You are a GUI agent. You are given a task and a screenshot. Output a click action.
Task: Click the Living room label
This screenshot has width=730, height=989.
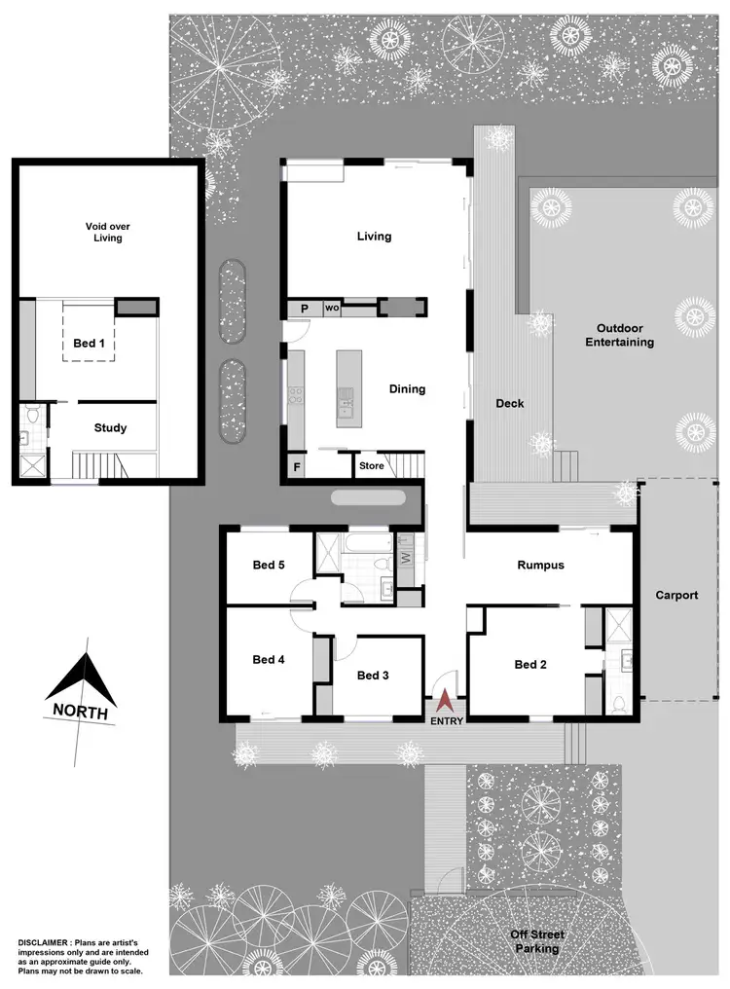point(374,237)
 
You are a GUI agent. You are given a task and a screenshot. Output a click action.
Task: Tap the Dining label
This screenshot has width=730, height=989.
point(407,389)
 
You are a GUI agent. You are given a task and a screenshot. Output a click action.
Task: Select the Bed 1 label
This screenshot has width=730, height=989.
point(89,344)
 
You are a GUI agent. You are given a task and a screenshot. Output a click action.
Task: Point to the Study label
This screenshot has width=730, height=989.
point(110,428)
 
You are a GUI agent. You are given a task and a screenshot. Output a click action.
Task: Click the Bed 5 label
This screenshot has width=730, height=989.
point(268,566)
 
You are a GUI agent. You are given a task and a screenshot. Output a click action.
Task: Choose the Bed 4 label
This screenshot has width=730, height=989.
point(268,659)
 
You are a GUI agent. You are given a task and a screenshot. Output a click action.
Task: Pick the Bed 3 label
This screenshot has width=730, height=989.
point(373,676)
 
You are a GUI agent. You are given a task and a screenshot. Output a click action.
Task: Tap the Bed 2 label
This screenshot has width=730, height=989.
point(530,665)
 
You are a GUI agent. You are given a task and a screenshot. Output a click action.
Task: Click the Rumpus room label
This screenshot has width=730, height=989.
point(540,565)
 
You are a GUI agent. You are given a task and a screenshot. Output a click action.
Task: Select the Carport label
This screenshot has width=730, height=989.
point(676,595)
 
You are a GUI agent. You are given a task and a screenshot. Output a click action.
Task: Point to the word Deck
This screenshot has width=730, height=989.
point(509,403)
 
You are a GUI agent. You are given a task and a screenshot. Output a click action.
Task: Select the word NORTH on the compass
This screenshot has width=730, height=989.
point(81,711)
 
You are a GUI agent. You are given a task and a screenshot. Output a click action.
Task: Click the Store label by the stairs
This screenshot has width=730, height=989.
point(371,466)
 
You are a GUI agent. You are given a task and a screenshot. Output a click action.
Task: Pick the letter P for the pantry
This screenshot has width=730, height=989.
point(304,309)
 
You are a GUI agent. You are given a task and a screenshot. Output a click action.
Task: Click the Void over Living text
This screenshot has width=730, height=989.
point(108,232)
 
